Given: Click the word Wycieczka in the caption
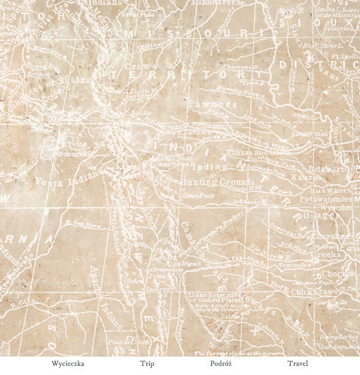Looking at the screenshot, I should coord(68,364).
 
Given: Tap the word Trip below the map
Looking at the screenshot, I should coord(147,364).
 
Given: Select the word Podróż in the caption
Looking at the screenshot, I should coord(221,364).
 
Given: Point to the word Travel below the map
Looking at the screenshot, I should coord(298,364).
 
